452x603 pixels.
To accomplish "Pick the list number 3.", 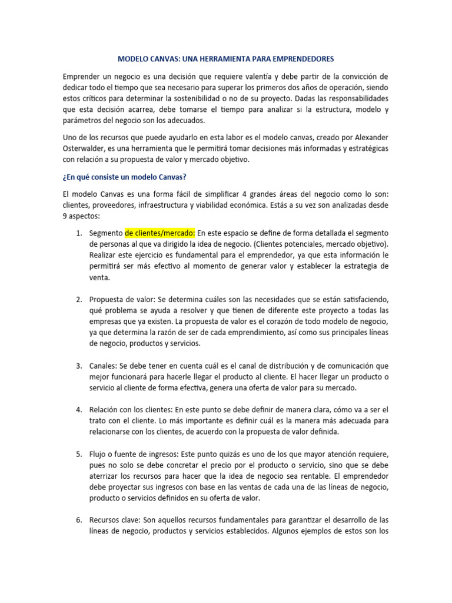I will click(79, 366).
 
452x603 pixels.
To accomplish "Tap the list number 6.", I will click(79, 521).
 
